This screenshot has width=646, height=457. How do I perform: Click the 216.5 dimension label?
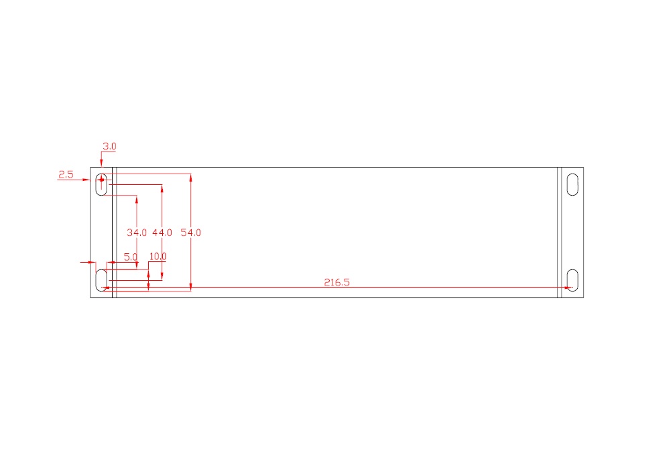(x=336, y=282)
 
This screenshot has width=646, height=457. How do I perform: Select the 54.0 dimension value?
(x=191, y=233)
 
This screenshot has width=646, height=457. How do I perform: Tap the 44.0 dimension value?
(x=162, y=233)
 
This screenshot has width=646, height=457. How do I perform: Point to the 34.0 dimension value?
(x=136, y=233)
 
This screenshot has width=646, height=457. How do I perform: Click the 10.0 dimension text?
(x=157, y=257)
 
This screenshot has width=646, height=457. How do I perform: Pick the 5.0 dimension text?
(x=131, y=257)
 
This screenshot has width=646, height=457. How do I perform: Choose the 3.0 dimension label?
(x=110, y=146)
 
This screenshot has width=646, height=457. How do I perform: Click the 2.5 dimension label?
(x=66, y=174)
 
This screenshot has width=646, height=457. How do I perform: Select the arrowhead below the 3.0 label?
(x=101, y=164)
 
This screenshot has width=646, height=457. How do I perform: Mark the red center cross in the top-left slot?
(x=101, y=180)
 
